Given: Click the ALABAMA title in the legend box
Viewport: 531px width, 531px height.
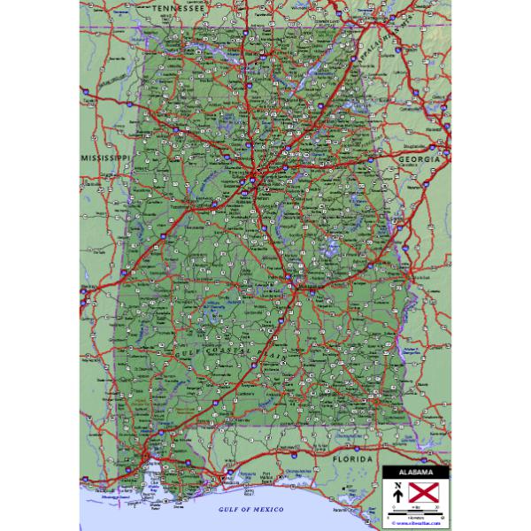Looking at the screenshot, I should click(x=415, y=470).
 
